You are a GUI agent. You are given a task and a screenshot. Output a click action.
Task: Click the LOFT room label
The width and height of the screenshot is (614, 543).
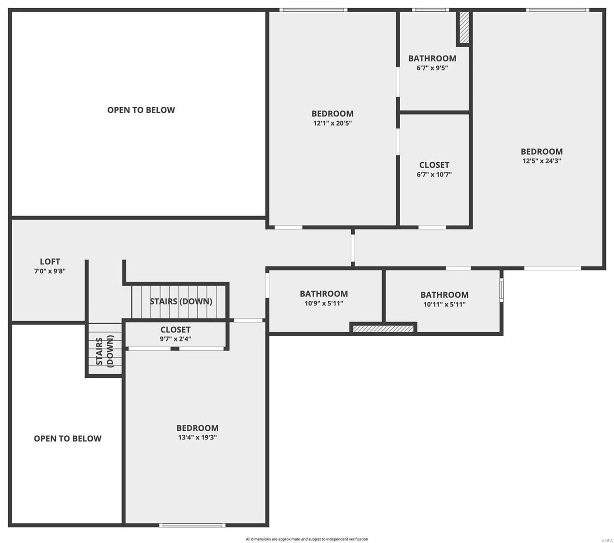(x=50, y=262)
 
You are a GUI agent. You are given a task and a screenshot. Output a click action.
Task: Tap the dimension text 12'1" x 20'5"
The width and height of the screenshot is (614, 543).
(x=332, y=123)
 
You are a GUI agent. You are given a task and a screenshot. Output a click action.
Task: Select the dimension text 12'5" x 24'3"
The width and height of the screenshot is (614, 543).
(x=542, y=161)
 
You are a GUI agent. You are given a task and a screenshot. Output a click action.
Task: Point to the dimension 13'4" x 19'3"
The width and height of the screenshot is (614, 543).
(x=197, y=438)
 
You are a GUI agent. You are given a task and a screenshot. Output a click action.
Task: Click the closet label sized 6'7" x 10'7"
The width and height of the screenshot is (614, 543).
(x=434, y=165)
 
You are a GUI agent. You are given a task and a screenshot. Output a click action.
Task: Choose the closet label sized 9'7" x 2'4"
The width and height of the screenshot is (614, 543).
(x=175, y=330)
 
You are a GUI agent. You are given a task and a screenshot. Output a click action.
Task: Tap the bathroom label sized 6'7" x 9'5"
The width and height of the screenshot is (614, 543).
(x=432, y=58)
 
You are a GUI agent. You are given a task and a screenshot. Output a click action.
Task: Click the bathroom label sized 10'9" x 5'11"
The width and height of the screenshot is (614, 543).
(x=324, y=294)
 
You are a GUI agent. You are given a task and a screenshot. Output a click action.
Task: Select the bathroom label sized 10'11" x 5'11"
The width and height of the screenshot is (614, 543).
(x=444, y=295)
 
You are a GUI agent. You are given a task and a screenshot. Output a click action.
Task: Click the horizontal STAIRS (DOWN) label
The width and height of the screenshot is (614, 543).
(x=181, y=301)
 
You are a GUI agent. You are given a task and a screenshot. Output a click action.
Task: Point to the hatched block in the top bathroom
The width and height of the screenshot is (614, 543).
(x=464, y=28)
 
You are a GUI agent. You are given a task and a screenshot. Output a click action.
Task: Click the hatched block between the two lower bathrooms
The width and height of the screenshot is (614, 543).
(x=383, y=329)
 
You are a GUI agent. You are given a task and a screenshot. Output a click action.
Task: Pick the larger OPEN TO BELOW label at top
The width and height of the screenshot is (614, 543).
(x=141, y=110)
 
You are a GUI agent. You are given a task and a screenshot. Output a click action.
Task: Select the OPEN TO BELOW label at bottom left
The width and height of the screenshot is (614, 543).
(x=68, y=438)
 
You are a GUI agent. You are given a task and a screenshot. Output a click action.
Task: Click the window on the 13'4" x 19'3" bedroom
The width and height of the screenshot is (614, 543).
(x=192, y=525)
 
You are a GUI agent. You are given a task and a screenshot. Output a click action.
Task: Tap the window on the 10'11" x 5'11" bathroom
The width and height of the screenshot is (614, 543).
(x=501, y=290)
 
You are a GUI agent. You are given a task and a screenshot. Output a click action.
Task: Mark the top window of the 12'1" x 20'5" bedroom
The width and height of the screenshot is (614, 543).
(x=313, y=10)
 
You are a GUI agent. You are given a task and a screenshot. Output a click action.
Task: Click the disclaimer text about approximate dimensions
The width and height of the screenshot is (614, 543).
(x=307, y=539)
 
